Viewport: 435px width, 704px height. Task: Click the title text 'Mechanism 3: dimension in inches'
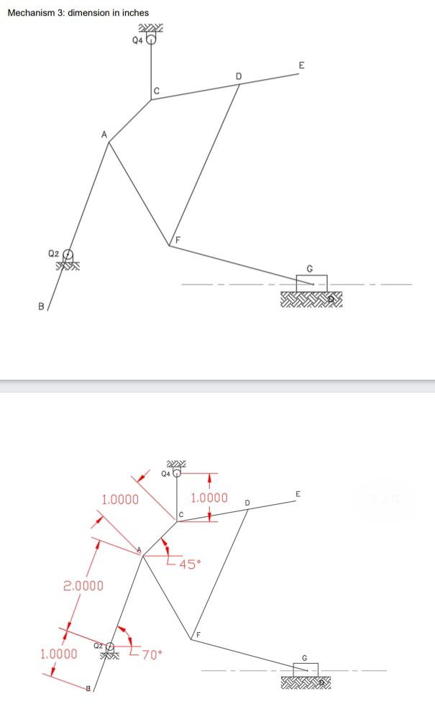pos(78,12)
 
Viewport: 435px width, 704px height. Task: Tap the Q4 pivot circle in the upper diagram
pos(151,40)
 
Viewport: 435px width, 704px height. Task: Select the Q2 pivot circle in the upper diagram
pos(68,255)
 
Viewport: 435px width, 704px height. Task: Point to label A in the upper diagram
pos(104,134)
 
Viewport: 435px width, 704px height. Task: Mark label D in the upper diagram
pos(239,76)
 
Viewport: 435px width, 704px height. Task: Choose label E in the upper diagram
pos(301,65)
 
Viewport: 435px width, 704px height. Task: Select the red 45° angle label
pos(188,564)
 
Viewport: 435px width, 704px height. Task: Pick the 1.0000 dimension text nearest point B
pos(58,654)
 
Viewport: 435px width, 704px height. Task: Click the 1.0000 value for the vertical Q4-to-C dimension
pos(209,498)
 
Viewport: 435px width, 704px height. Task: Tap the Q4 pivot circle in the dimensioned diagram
pos(177,473)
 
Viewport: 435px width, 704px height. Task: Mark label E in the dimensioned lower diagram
pos(298,494)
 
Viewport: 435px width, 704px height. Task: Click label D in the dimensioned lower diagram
pos(247,500)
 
